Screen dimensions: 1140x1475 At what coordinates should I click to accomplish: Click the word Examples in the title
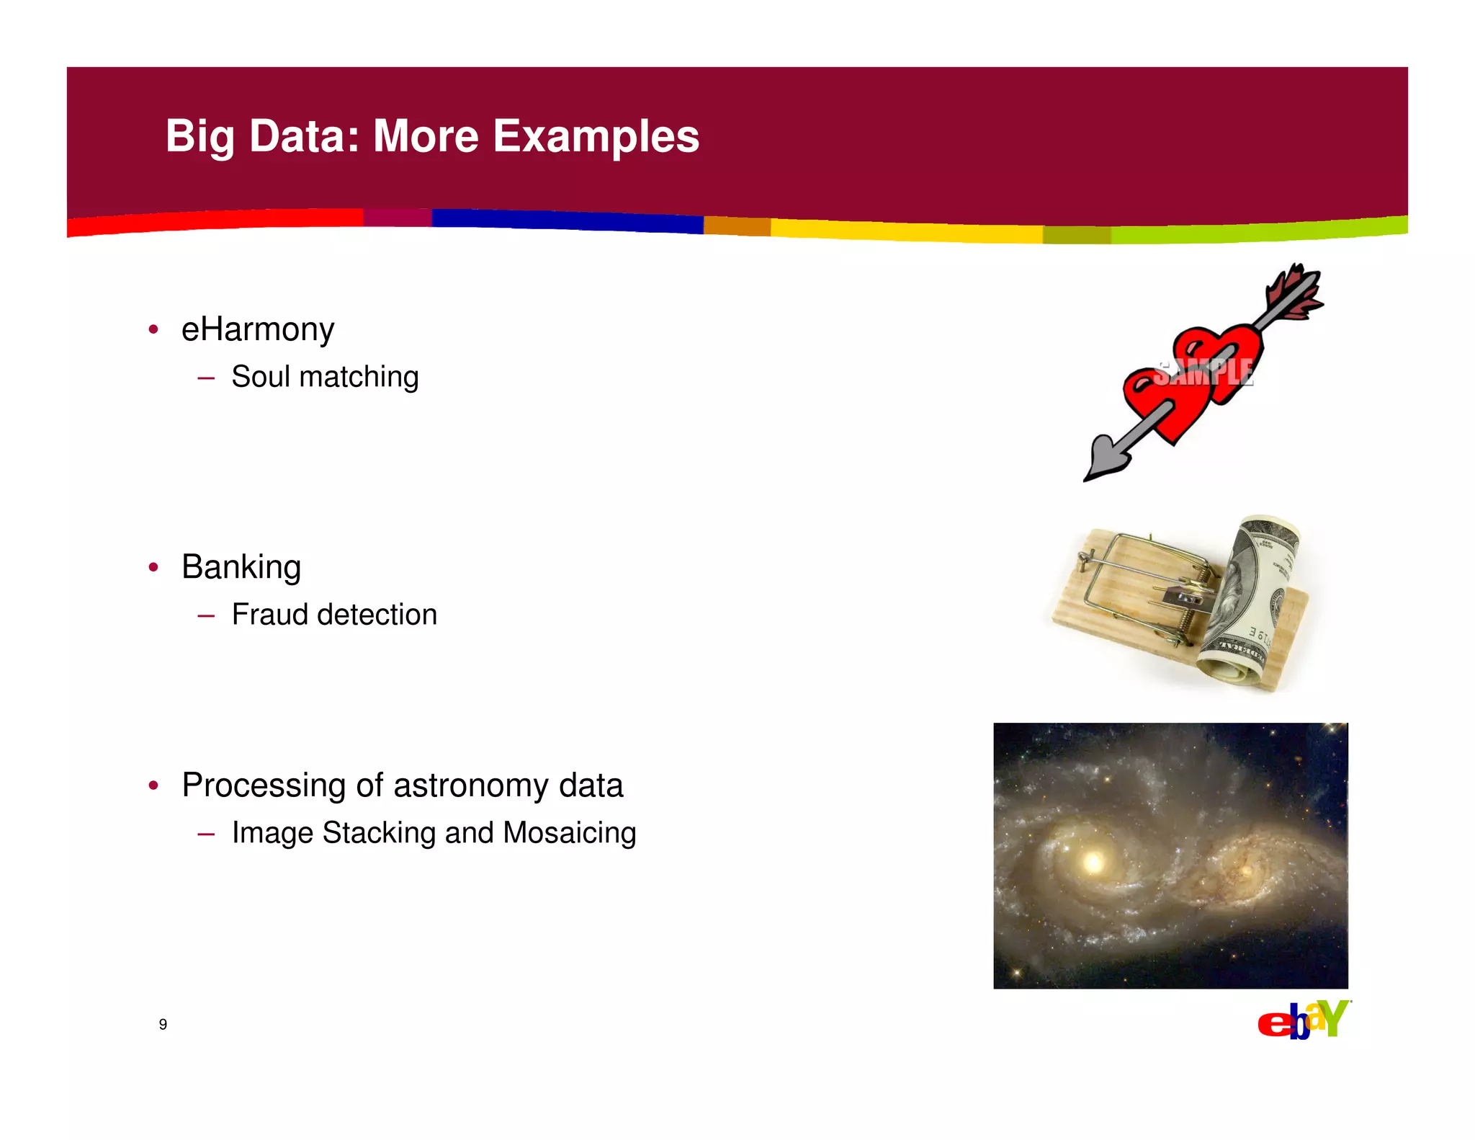[x=596, y=136]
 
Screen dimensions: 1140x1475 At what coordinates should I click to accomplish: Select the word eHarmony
[x=258, y=330]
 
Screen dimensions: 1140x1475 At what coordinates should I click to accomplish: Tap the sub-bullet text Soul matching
[x=324, y=377]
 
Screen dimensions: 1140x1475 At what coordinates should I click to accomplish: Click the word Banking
[x=241, y=567]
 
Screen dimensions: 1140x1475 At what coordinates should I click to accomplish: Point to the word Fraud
[x=270, y=615]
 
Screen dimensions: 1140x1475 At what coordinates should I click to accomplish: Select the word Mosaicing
[x=569, y=833]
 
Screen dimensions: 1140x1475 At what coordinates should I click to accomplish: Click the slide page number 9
[x=163, y=1024]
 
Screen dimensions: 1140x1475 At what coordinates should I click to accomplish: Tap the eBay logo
[x=1303, y=1020]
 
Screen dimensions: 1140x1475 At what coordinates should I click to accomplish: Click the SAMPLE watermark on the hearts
[x=1203, y=373]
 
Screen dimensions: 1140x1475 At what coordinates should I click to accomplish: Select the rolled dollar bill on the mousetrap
[x=1250, y=598]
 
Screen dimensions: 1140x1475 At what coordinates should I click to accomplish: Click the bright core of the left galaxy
[x=1094, y=861]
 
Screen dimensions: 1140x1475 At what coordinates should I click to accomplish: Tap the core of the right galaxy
[x=1246, y=870]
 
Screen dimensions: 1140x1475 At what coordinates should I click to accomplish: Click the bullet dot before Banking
[x=153, y=568]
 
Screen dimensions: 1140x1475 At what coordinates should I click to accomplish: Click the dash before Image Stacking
[x=206, y=834]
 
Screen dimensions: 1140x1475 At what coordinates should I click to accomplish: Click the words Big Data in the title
[x=261, y=136]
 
